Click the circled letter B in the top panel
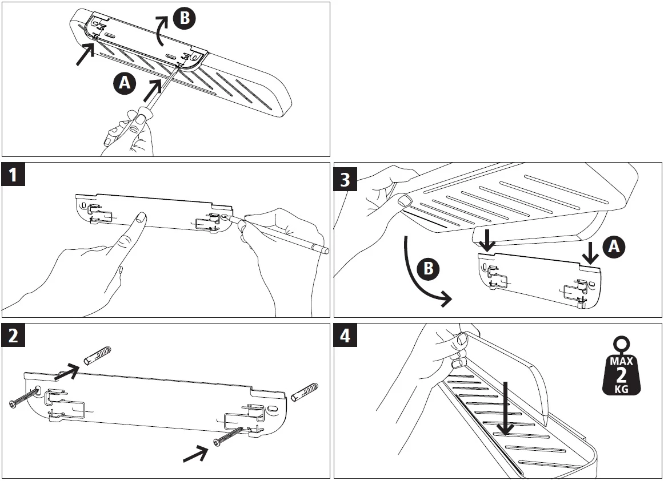[x=184, y=18]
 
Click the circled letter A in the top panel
[x=124, y=84]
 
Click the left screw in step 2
[x=22, y=400]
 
